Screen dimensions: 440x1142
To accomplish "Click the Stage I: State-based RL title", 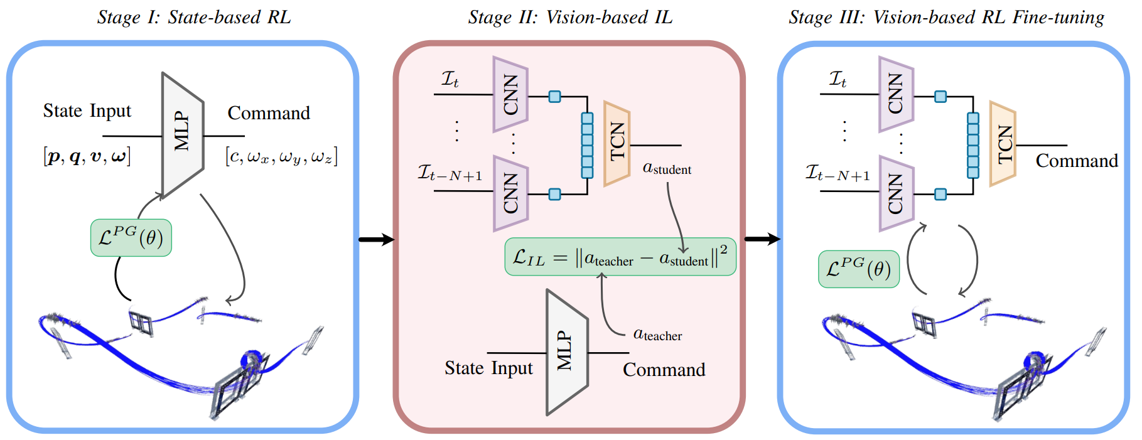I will (x=194, y=18).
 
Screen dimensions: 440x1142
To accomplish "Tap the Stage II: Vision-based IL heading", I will (x=570, y=18).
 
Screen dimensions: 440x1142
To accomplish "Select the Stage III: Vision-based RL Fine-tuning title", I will (x=946, y=18).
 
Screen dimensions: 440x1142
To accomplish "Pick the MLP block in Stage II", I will (x=567, y=352).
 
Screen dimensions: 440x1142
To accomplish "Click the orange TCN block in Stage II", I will (x=617, y=144).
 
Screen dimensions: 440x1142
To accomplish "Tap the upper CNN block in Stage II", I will (x=510, y=94).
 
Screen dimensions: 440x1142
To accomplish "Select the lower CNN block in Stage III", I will (x=896, y=193).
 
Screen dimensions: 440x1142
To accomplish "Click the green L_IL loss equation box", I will (x=620, y=257).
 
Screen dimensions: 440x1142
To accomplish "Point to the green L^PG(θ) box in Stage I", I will (x=131, y=238).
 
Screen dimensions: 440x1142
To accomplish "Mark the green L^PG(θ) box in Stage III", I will (x=859, y=269).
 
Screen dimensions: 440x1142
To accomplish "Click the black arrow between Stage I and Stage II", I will (x=376, y=239).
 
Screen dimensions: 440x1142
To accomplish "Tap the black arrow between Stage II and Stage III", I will (x=762, y=239).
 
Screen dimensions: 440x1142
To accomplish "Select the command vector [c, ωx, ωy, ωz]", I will (x=281, y=156).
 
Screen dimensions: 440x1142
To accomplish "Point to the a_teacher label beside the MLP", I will (x=657, y=335).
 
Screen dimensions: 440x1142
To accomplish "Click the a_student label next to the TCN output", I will (x=667, y=168).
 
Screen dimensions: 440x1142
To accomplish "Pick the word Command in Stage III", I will (x=1077, y=161).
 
